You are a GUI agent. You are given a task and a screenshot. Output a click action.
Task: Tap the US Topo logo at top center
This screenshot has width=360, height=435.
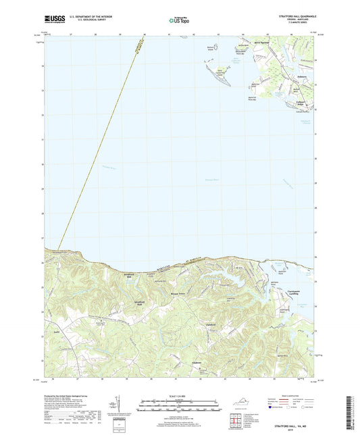[x=178, y=21]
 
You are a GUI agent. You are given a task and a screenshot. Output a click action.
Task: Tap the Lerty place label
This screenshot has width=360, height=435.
[x=56, y=332]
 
